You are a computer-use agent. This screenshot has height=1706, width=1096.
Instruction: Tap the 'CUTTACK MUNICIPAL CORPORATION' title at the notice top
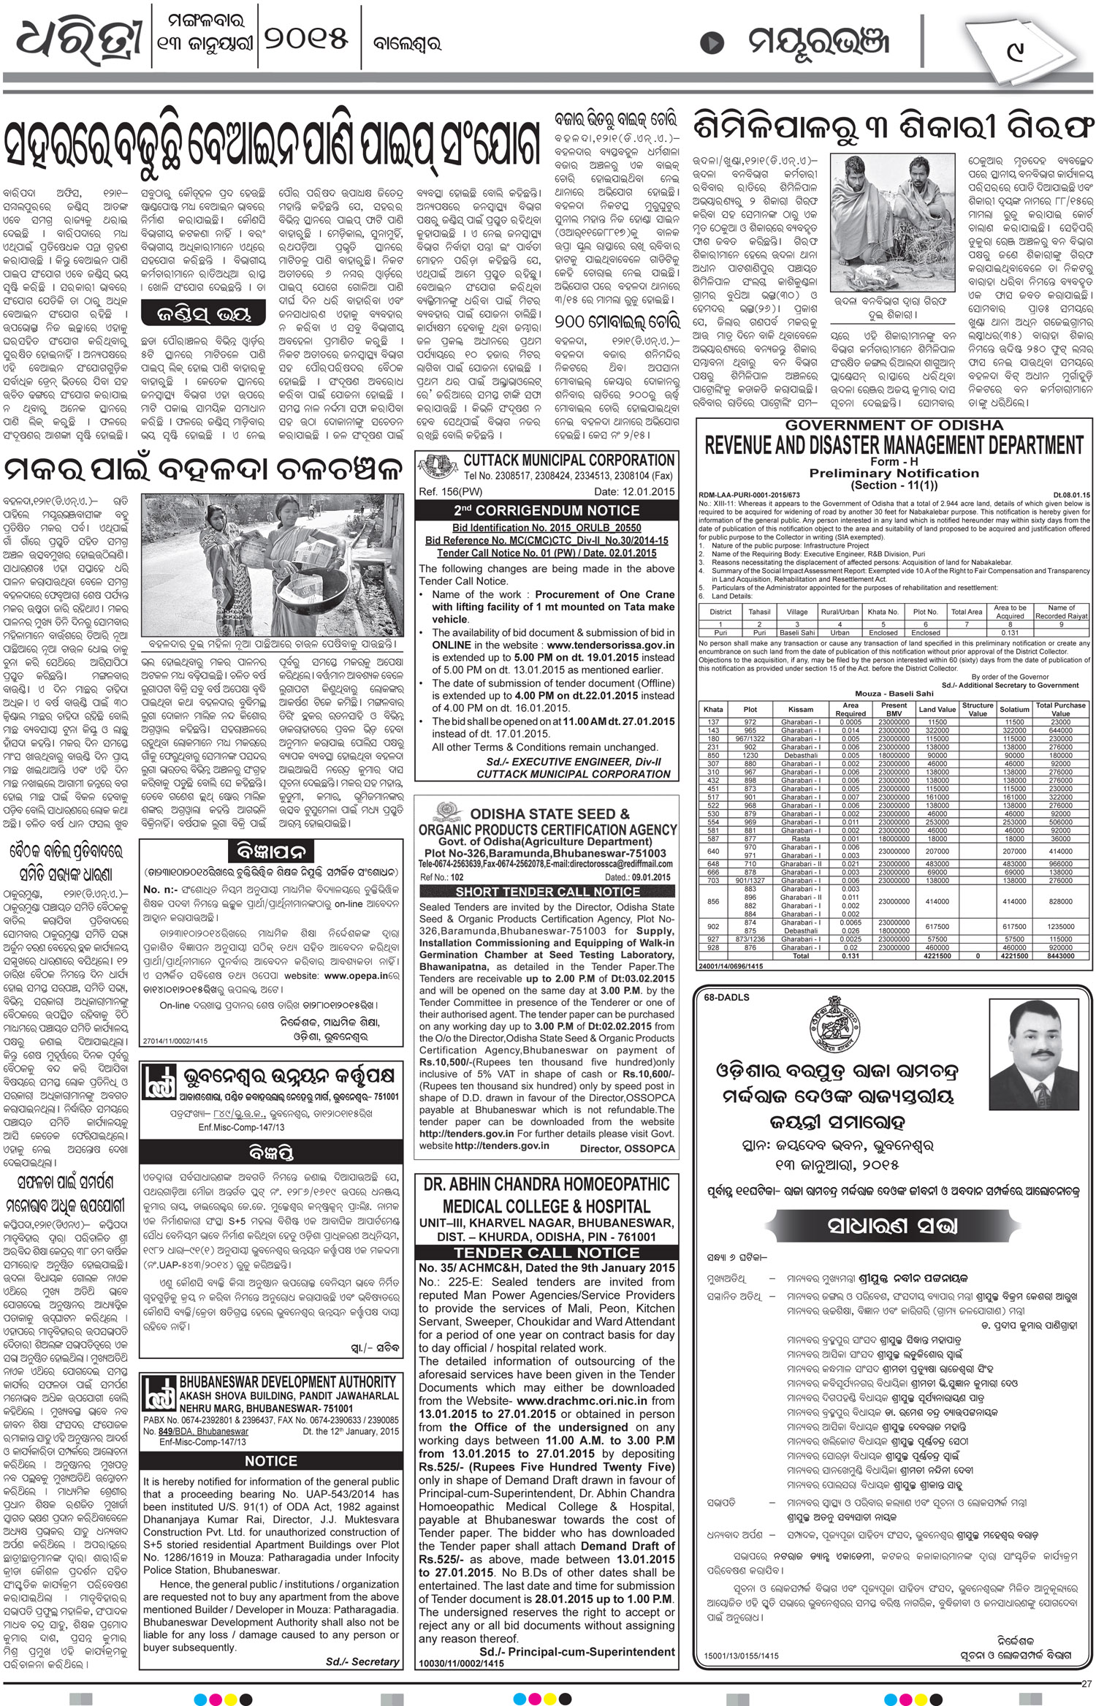[x=568, y=460]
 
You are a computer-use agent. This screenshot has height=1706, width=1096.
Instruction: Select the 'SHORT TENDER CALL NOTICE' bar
[x=547, y=892]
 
